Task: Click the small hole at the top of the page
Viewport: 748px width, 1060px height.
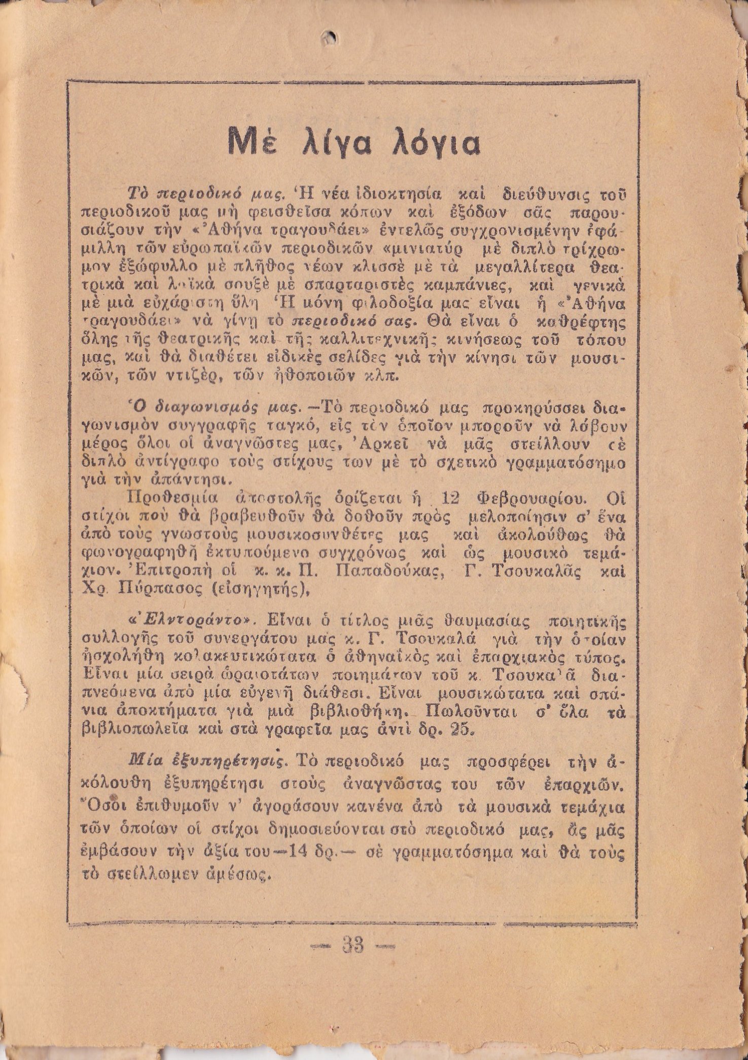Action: [330, 37]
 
